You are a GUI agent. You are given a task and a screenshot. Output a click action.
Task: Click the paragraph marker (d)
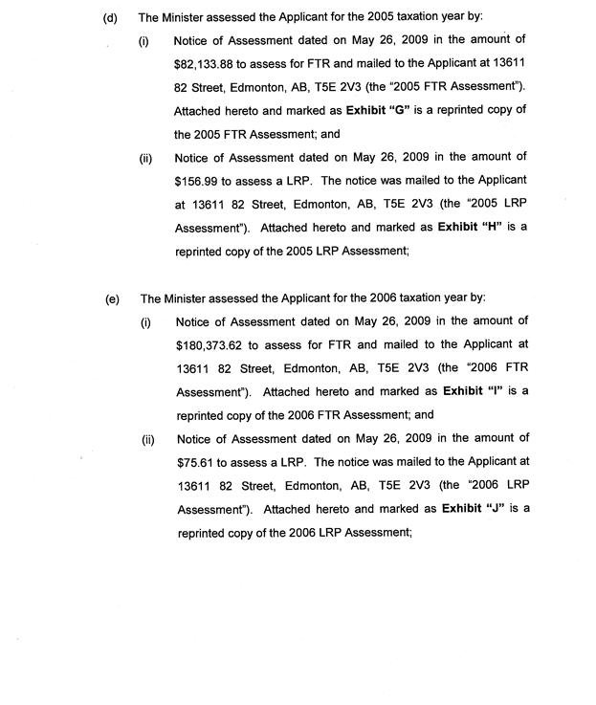110,17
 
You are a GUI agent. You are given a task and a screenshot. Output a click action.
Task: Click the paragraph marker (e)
112,298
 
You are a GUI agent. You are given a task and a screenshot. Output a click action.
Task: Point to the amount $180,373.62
211,345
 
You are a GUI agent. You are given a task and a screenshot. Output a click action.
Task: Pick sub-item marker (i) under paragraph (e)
146,322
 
